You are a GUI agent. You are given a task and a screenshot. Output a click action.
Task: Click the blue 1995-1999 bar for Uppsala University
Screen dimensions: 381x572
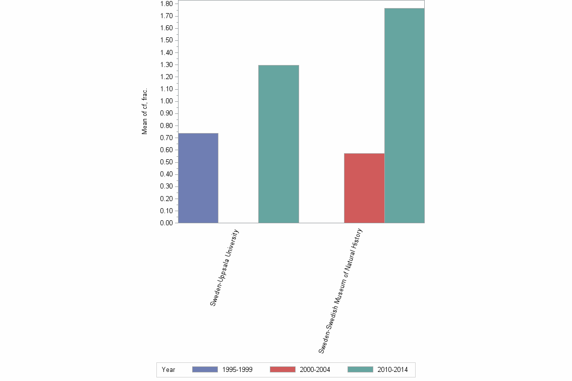click(x=198, y=178)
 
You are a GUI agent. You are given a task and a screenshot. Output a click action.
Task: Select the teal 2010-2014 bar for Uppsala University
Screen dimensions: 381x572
click(x=278, y=144)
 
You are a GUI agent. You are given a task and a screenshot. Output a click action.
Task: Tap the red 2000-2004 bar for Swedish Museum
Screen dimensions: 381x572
click(x=364, y=188)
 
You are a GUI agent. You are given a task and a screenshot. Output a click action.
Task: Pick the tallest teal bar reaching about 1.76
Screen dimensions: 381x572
click(x=405, y=115)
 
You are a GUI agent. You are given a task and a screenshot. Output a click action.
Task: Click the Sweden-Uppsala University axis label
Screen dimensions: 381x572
click(x=224, y=268)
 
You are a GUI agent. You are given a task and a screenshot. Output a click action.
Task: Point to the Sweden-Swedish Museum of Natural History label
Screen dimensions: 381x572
click(x=340, y=290)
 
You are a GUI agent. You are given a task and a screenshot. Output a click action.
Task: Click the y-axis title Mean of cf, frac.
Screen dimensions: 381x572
click(x=145, y=111)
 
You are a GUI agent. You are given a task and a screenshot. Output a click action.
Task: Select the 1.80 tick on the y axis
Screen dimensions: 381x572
click(x=167, y=4)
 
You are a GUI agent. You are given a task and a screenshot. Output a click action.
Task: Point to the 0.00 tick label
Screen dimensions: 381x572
click(x=167, y=223)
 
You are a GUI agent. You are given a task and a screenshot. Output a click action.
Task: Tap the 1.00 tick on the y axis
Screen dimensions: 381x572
click(x=167, y=101)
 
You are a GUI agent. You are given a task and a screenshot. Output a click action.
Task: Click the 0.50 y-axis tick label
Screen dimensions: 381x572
click(x=167, y=162)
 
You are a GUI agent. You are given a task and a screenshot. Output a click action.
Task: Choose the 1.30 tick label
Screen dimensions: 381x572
click(x=167, y=65)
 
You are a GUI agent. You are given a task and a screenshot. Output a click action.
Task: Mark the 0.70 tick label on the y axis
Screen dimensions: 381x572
click(x=167, y=138)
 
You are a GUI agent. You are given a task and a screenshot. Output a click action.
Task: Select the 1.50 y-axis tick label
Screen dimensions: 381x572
click(x=167, y=40)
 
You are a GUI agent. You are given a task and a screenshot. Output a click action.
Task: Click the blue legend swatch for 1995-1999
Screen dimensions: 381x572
click(x=205, y=369)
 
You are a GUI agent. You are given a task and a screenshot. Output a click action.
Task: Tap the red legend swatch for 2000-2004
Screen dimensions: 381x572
click(x=282, y=369)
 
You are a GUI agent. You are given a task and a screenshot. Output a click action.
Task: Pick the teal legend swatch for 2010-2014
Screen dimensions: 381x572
click(x=360, y=369)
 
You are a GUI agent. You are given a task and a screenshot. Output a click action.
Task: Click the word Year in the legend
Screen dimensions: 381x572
click(x=168, y=370)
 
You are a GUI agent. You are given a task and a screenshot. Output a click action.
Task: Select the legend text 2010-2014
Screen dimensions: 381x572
click(x=392, y=370)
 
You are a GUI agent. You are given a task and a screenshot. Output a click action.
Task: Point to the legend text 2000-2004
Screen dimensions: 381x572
click(x=315, y=370)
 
